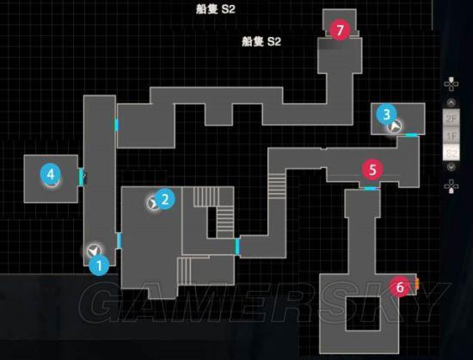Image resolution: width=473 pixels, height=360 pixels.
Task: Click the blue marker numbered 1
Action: click(x=99, y=265)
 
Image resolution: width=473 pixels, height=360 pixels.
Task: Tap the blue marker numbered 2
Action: click(x=165, y=199)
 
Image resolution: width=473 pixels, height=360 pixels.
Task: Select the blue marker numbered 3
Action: click(x=386, y=114)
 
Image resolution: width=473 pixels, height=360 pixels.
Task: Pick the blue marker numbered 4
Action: click(x=51, y=174)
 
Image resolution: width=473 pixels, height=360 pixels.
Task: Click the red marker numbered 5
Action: click(x=372, y=169)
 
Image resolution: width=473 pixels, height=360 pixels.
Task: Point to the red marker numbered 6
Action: click(x=400, y=287)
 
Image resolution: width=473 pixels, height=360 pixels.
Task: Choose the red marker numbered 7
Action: click(x=340, y=30)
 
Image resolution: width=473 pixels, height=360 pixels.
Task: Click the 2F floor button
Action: click(x=451, y=119)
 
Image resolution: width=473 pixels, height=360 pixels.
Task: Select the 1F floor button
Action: click(x=451, y=136)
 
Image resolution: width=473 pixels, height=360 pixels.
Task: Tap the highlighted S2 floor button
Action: click(x=451, y=153)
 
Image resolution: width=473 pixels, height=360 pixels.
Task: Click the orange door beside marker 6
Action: click(x=417, y=284)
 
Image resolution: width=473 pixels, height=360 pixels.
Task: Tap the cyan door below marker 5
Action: click(x=370, y=188)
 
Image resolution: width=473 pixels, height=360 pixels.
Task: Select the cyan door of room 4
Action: click(x=81, y=177)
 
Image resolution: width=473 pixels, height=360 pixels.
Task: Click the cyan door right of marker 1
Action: click(x=120, y=240)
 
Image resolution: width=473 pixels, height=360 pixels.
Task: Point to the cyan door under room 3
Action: click(x=412, y=135)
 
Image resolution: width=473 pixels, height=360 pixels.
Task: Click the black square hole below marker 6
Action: click(x=363, y=314)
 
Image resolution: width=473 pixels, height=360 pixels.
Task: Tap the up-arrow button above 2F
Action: click(x=451, y=103)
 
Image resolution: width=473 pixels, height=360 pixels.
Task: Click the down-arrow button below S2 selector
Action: click(x=451, y=167)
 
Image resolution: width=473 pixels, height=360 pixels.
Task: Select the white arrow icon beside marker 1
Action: click(x=94, y=251)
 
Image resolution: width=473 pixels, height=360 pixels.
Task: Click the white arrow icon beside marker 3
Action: click(x=395, y=126)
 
